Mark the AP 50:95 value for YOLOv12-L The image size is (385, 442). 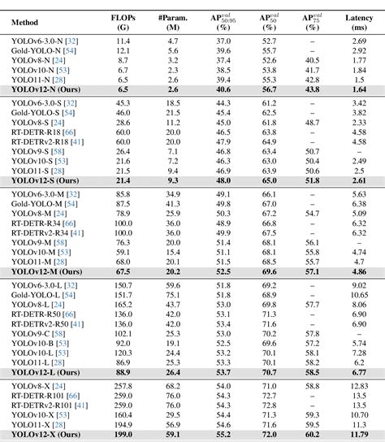click(x=223, y=371)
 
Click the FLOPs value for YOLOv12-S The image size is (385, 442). click(x=123, y=182)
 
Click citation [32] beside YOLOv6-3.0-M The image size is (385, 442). click(x=73, y=194)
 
